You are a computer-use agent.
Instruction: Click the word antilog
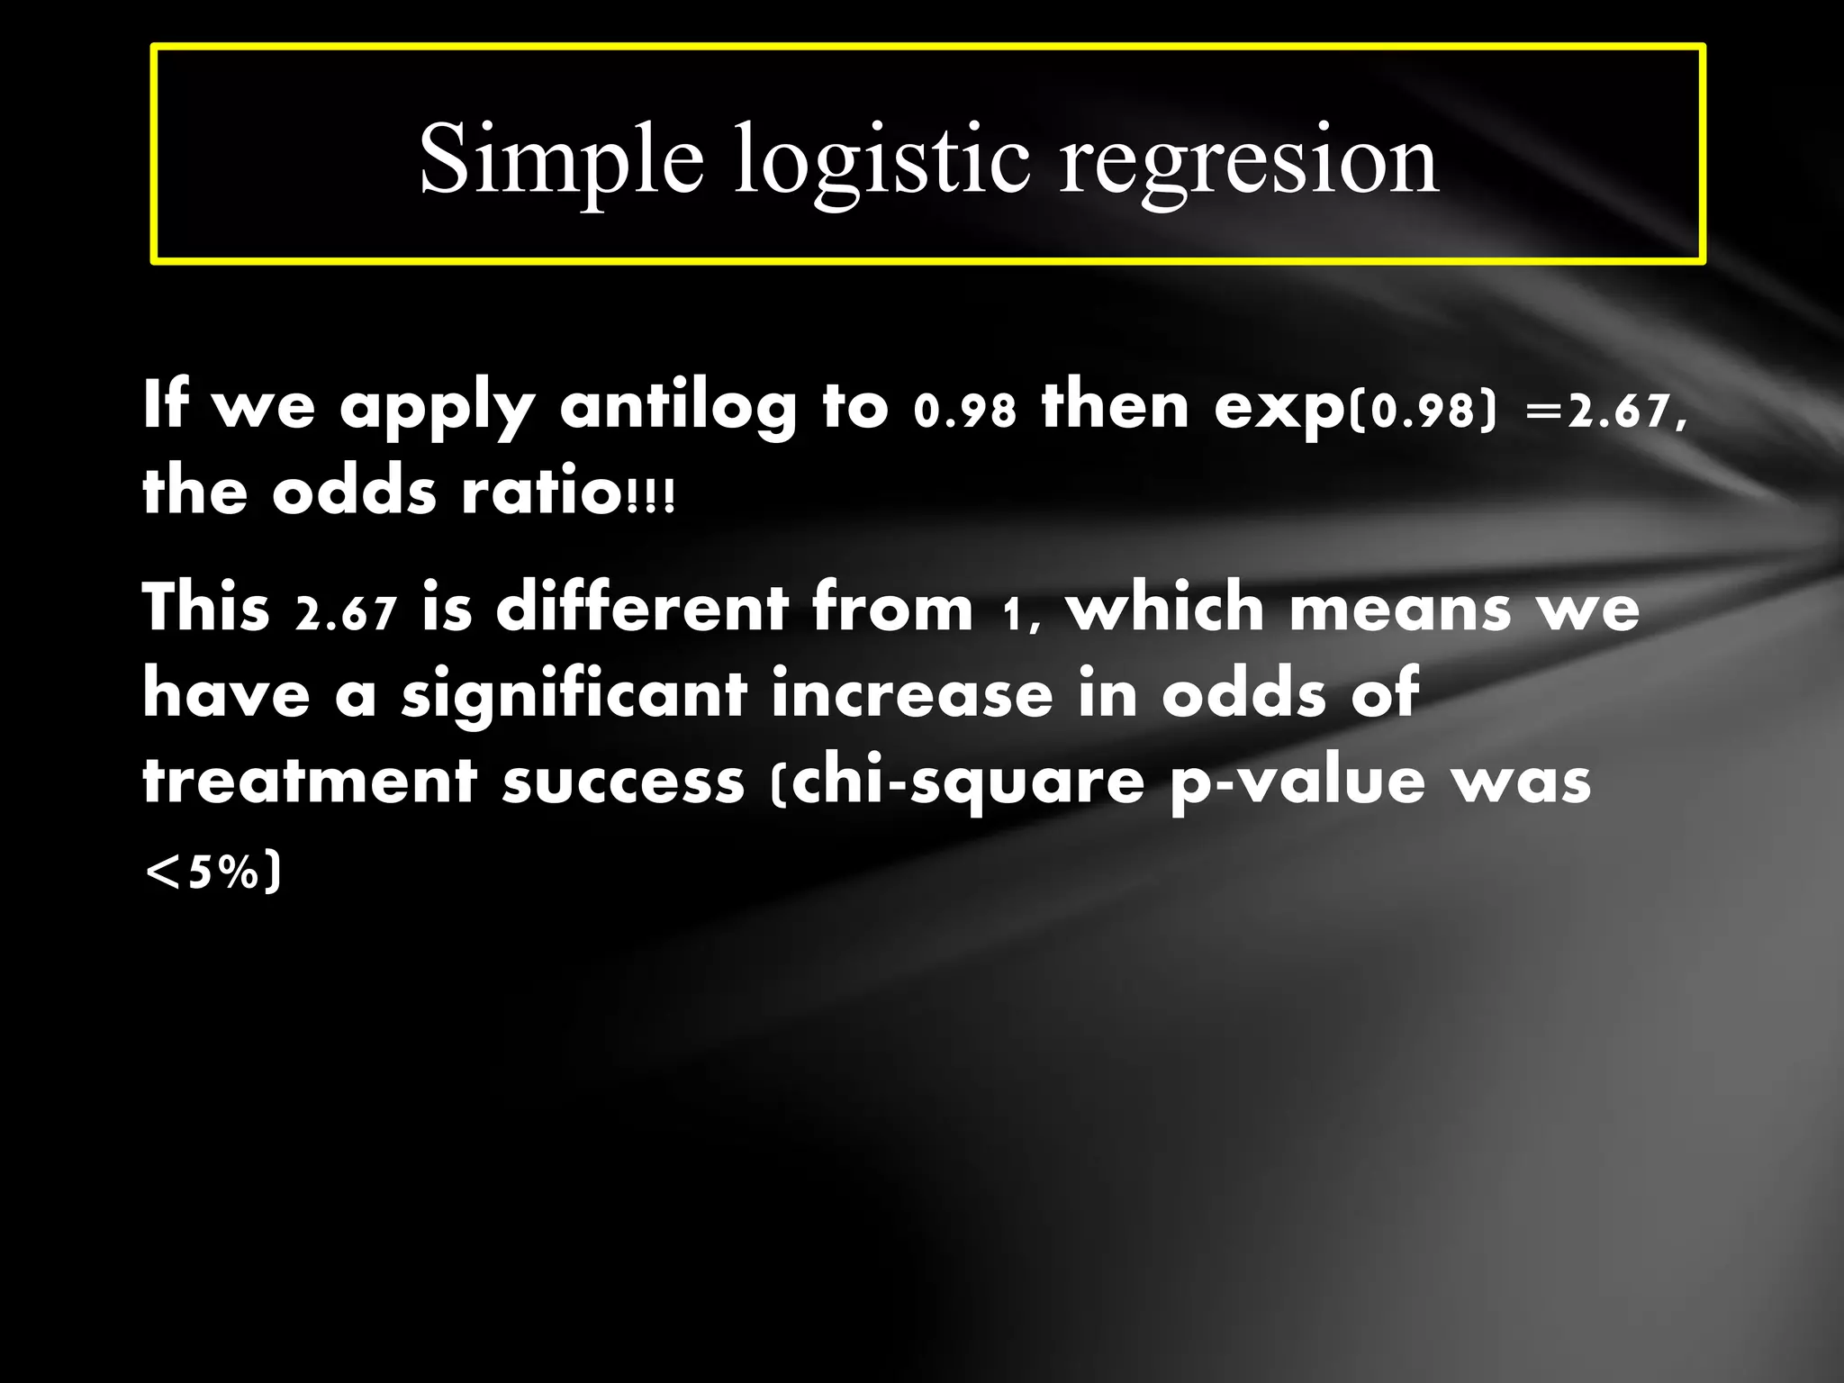(x=678, y=407)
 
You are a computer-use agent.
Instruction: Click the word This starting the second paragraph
(x=206, y=607)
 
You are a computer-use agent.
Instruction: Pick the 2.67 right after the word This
(x=346, y=612)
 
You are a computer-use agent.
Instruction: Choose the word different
(x=642, y=607)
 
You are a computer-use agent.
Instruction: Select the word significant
(x=574, y=695)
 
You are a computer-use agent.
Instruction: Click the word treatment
(x=309, y=782)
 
